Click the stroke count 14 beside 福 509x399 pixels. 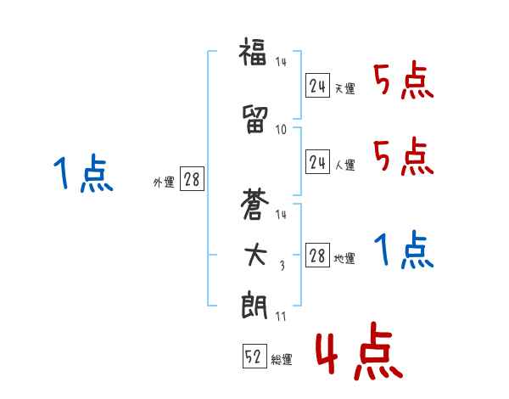click(282, 61)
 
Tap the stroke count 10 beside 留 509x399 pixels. click(282, 129)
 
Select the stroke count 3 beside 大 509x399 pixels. click(282, 265)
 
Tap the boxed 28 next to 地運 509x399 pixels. click(318, 256)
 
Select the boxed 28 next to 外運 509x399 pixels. click(191, 180)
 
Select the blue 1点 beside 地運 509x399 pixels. click(403, 250)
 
